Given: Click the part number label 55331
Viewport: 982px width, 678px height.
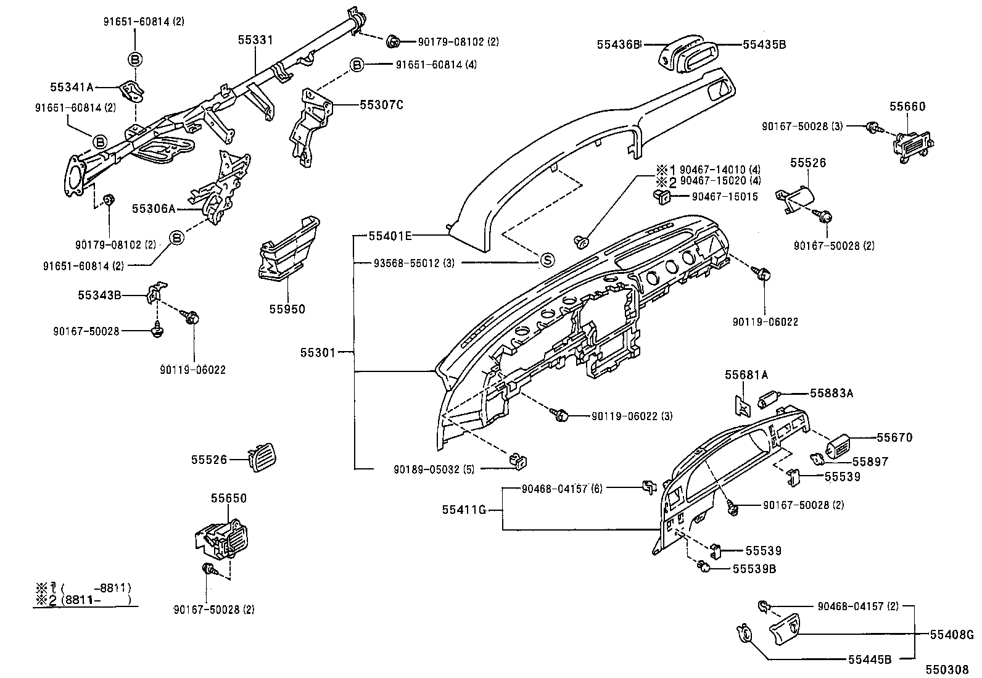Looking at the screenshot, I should point(255,39).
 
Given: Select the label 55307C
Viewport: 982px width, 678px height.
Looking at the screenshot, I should point(381,104).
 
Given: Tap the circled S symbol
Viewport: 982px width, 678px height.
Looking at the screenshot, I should point(547,261).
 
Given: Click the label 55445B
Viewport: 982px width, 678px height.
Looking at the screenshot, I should point(869,659).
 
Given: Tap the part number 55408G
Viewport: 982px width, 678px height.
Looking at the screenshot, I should point(951,634).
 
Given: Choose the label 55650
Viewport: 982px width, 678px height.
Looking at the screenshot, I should point(228,498).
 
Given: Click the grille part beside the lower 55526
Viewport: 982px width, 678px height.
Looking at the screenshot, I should point(262,459).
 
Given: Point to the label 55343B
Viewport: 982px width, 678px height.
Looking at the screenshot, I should point(99,295).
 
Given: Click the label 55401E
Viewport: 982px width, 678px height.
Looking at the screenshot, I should point(390,236).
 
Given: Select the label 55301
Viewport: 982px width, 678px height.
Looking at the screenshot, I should point(318,353).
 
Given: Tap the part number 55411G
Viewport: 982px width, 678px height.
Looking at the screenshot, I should point(464,510).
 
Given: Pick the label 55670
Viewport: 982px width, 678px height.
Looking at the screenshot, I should point(894,437).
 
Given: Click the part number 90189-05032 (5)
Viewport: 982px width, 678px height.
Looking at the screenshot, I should point(434,469).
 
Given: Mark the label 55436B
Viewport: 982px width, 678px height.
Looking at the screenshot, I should point(619,44).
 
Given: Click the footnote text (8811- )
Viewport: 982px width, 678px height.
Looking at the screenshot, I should point(93,600).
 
